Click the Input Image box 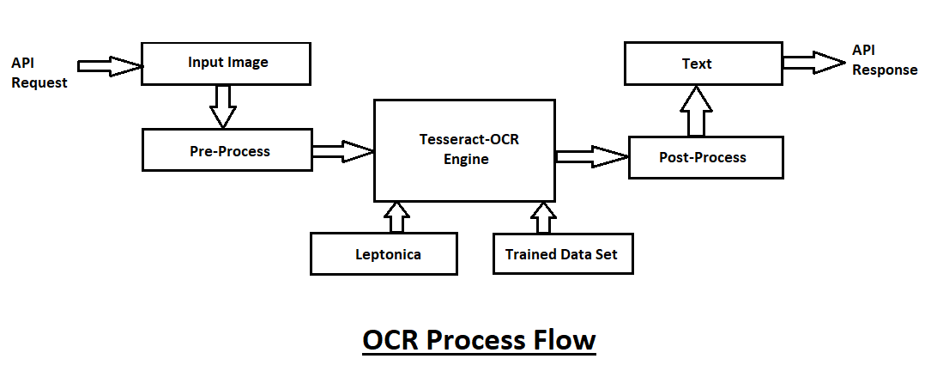point(226,64)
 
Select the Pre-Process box point(228,151)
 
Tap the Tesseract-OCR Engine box point(462,149)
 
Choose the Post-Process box point(705,157)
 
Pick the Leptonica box point(384,254)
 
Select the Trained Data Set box point(562,254)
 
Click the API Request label point(39,73)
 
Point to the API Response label point(884,61)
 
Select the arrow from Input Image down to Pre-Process point(222,106)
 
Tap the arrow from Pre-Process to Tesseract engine point(342,151)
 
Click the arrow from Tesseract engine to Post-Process point(592,156)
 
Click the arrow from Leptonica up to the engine point(396,217)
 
